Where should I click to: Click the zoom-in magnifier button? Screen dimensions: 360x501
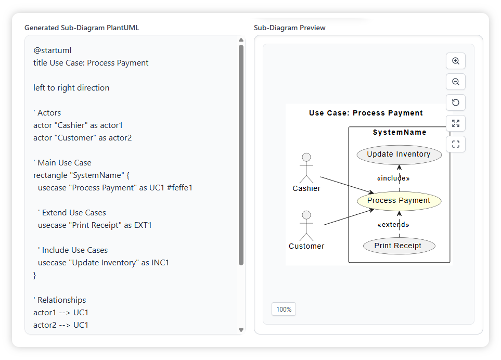(456, 61)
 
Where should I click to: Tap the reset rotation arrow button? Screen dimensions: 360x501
(456, 102)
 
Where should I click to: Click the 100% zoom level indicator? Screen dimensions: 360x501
(284, 309)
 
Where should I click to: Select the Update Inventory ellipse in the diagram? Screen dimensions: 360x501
(399, 155)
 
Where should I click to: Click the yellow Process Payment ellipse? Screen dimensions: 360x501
(399, 201)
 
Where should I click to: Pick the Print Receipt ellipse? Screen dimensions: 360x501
(398, 246)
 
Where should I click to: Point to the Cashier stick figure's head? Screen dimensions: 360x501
(306, 157)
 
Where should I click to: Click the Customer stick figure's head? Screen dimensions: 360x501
(306, 215)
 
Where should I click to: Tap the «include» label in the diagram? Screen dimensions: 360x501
(393, 178)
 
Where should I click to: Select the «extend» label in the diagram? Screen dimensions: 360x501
(393, 225)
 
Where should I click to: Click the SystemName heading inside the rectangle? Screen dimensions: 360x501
(400, 133)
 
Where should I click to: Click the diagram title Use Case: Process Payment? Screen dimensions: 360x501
(366, 113)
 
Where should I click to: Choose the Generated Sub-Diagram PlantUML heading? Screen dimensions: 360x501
(82, 28)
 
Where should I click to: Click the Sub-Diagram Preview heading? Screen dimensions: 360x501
(290, 28)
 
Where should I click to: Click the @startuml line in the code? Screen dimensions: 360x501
(53, 50)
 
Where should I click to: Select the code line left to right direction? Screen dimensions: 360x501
(71, 88)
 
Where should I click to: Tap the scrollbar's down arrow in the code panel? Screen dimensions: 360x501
(241, 330)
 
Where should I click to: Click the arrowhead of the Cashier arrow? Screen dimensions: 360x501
(371, 193)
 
